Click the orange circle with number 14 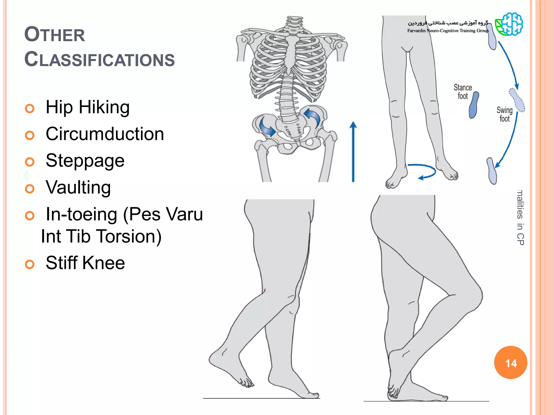510,363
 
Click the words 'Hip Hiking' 87,107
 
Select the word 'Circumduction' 105,134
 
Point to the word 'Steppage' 85,161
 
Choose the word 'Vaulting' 78,188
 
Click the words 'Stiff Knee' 85,263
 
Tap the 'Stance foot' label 463,92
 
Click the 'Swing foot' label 504,114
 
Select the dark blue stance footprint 474,105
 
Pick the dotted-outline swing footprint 517,100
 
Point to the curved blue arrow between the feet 423,171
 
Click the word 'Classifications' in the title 100,60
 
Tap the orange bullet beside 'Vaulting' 29,189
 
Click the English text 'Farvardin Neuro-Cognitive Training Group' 448,31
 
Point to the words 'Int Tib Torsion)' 101,236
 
